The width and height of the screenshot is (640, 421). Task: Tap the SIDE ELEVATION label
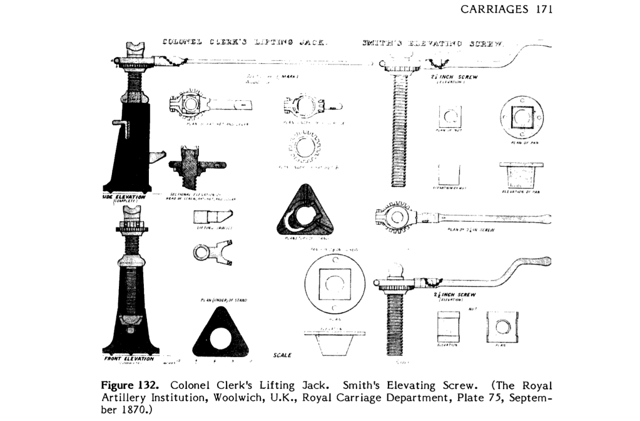(125, 197)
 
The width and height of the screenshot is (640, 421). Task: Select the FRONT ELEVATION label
(128, 358)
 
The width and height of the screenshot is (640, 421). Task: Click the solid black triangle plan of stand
(300, 216)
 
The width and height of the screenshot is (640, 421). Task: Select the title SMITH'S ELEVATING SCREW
(433, 43)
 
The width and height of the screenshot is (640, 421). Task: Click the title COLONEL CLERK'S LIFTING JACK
(244, 43)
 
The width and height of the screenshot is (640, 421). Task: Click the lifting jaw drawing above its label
(209, 217)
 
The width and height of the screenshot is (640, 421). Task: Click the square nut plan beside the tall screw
(449, 115)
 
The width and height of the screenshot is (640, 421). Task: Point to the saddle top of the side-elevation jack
(135, 48)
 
